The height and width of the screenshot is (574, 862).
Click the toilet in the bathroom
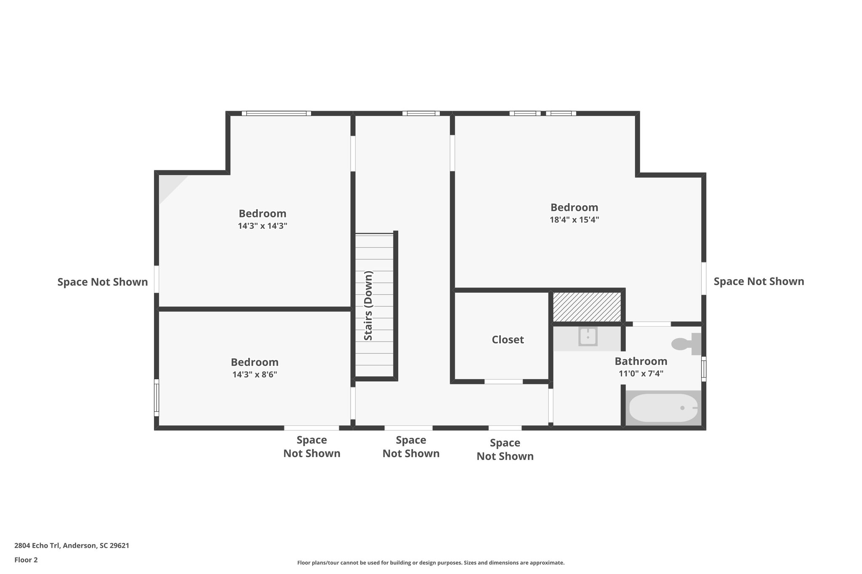(x=685, y=344)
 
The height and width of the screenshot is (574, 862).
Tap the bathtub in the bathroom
(x=662, y=408)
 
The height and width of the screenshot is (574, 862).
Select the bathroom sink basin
(x=588, y=337)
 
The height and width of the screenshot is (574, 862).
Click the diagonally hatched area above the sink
(x=587, y=307)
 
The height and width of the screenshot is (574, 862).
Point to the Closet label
(x=508, y=340)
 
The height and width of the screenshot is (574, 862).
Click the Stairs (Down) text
(x=368, y=306)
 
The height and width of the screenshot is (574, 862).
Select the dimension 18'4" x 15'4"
(x=574, y=220)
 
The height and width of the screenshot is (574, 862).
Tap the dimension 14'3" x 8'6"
(x=254, y=374)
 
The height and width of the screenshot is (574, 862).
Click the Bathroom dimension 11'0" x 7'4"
(x=641, y=373)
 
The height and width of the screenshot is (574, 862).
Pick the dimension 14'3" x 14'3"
(x=262, y=226)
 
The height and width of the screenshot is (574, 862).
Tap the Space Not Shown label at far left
(x=102, y=282)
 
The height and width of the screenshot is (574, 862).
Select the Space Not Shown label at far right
(x=758, y=281)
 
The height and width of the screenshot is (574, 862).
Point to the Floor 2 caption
(x=26, y=560)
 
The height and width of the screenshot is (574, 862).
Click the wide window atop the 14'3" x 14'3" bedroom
(x=276, y=114)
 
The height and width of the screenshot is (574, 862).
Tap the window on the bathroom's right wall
(x=703, y=369)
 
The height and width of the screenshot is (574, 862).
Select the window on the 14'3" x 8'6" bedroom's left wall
(x=157, y=397)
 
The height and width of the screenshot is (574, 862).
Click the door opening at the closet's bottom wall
(x=503, y=382)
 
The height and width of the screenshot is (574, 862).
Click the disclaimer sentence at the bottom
(x=431, y=563)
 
